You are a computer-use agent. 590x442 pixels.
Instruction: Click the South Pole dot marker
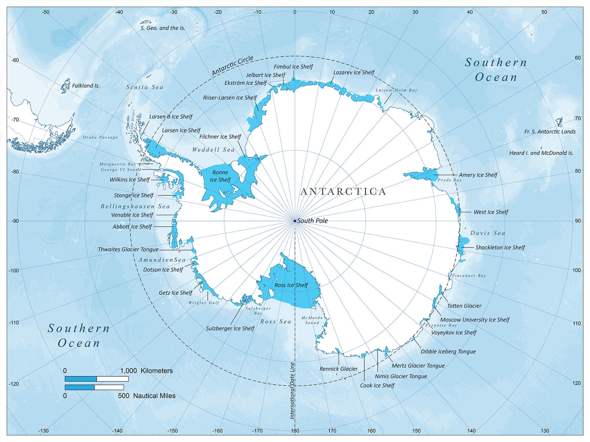[295, 221]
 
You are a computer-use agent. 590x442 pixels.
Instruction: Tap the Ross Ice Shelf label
[291, 285]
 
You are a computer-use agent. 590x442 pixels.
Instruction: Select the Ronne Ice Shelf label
[220, 176]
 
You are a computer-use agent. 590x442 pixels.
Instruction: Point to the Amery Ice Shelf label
[478, 175]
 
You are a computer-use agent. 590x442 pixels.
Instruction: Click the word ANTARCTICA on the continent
[343, 192]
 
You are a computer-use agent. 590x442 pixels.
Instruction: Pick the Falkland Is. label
[86, 86]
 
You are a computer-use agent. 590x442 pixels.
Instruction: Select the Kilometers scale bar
[96, 379]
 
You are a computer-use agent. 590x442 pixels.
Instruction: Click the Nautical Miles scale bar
[94, 387]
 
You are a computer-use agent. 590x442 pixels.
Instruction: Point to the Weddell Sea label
[213, 150]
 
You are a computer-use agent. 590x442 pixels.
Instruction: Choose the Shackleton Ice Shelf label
[500, 248]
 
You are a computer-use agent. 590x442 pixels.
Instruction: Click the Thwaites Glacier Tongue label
[128, 250]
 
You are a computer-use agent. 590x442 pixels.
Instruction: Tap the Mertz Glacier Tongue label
[418, 366]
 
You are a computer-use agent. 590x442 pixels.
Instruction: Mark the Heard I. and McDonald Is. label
[541, 153]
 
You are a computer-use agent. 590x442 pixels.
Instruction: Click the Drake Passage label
[100, 137]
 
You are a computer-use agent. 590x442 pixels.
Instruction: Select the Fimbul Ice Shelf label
[293, 67]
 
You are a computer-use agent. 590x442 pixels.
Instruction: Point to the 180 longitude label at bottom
[294, 431]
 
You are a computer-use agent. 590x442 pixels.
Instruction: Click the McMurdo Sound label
[312, 320]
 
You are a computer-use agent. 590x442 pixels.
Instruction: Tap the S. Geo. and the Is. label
[163, 28]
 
